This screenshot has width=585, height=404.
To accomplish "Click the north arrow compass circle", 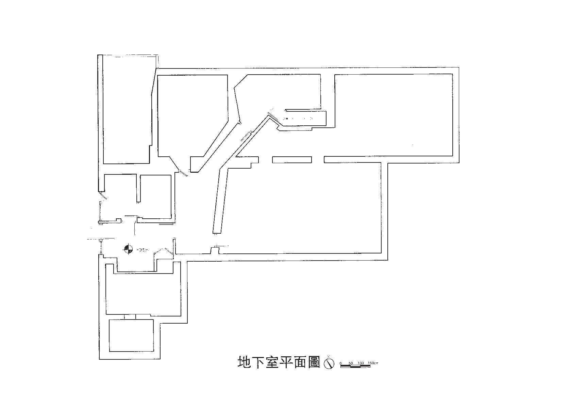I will point(329,363).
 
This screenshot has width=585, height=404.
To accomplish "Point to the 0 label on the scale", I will point(340,363).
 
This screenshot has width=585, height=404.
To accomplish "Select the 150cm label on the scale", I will point(373,363).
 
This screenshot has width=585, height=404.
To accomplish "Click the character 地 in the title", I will point(244,362).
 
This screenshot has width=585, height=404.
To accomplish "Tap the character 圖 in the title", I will point(314,362).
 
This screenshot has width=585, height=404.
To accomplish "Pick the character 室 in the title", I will point(272,362).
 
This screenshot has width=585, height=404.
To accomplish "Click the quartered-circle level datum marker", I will point(129,249).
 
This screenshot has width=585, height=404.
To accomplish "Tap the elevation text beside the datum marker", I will point(143,250).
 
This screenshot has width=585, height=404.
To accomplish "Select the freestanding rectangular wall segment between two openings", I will point(292,159).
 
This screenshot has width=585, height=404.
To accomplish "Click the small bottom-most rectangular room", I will point(131,335).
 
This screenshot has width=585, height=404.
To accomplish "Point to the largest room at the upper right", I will point(394,114).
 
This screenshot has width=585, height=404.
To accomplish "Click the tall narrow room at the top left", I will point(127,109).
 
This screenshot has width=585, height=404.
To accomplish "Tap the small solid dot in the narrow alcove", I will point(286,119).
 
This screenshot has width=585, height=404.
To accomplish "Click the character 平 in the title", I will point(286,362).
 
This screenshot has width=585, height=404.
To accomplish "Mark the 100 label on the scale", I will point(361,363).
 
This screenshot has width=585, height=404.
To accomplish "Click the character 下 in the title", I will point(258,362).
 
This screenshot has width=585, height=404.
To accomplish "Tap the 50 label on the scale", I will point(351,363).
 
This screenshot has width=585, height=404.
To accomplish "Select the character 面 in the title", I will point(300,362).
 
